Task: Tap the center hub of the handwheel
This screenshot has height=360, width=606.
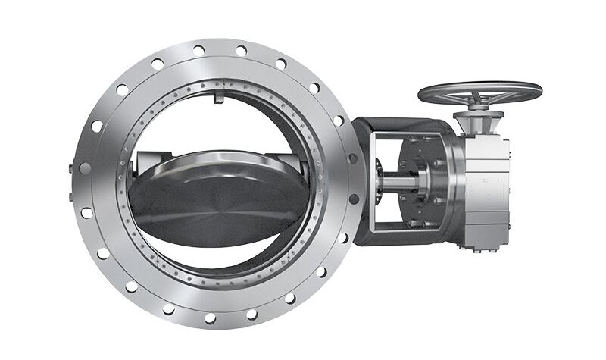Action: coord(480,90)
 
